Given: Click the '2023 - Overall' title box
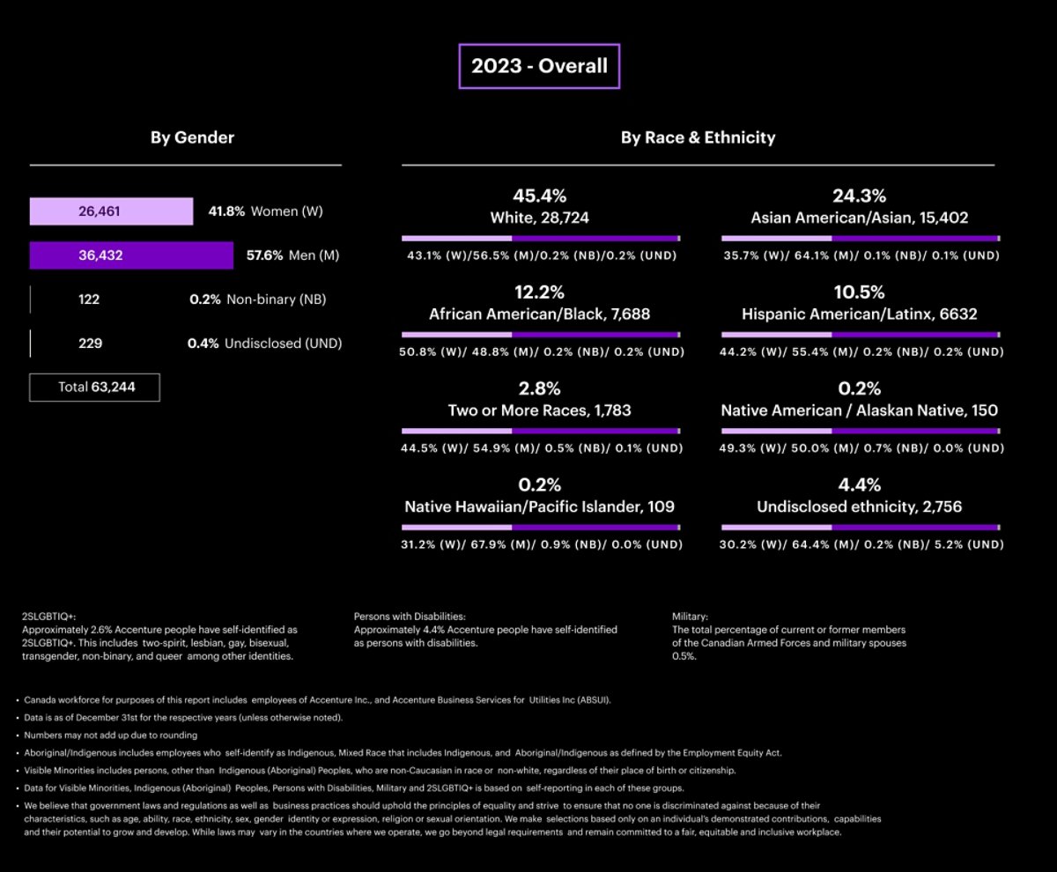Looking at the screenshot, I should (x=539, y=66).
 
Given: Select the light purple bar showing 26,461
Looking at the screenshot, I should (x=111, y=211).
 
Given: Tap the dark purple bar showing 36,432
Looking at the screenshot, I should (x=131, y=255).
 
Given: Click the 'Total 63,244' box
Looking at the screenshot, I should (x=95, y=387).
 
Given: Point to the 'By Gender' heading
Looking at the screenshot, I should (x=192, y=137).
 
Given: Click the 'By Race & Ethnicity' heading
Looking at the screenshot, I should (x=698, y=137).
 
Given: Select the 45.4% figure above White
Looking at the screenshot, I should (x=540, y=196).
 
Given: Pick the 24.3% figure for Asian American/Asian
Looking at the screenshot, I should (x=859, y=196).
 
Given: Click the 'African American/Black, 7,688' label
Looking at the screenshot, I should (x=540, y=314).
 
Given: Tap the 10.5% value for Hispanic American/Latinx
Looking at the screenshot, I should (x=859, y=292).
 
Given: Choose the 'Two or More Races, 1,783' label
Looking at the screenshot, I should (x=540, y=410).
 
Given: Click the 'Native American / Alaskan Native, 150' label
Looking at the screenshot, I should (x=859, y=410).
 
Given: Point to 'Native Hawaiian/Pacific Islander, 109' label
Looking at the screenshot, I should (x=540, y=506).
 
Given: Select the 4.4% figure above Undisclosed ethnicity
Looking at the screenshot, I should (x=859, y=485).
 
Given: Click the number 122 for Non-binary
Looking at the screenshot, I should (x=89, y=299).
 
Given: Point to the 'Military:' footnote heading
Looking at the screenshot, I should (x=690, y=617).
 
